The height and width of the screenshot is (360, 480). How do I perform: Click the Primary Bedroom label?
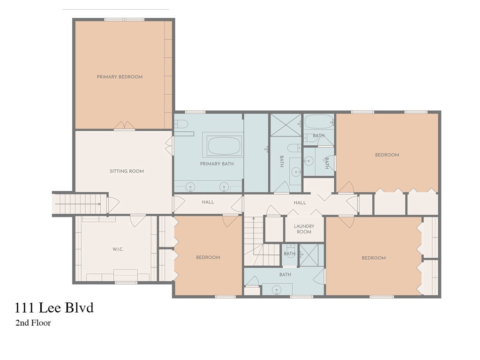click(x=120, y=77)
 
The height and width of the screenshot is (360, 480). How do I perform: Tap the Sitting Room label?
click(x=127, y=171)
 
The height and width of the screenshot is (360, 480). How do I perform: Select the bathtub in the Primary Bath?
click(x=225, y=146)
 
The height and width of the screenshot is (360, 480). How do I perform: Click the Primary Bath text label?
click(x=217, y=164)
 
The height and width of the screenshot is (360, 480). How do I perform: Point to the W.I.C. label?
click(x=118, y=249)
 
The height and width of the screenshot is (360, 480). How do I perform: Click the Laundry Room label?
click(x=304, y=229)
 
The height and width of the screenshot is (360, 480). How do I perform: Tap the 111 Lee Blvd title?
click(x=54, y=307)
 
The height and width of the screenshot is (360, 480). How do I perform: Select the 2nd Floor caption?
click(x=33, y=322)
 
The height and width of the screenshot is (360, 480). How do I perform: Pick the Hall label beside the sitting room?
click(x=208, y=202)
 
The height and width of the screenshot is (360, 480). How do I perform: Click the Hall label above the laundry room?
click(x=300, y=202)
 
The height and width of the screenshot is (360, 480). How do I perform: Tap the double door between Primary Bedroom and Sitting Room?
click(x=124, y=126)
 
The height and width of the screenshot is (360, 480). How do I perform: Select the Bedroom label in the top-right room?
click(x=387, y=155)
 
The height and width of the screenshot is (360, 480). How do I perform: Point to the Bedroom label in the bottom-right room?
click(x=374, y=258)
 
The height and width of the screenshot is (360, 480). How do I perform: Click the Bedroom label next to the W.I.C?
click(x=208, y=257)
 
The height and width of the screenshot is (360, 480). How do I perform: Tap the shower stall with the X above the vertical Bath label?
click(x=285, y=125)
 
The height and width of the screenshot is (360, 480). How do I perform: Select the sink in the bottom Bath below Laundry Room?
click(x=277, y=289)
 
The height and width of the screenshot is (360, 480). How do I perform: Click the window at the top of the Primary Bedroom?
click(x=124, y=20)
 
